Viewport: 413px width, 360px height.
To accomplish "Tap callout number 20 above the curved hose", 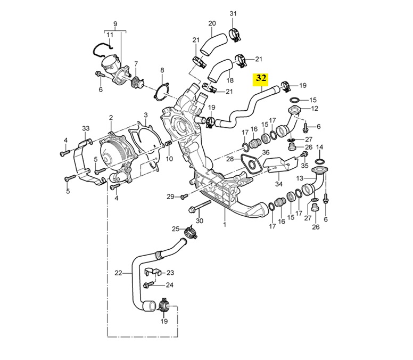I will pos(212,23).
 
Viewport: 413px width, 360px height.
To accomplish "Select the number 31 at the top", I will pos(233,13).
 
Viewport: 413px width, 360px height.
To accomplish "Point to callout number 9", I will pos(114,23).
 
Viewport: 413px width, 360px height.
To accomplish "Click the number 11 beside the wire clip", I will pos(110,35).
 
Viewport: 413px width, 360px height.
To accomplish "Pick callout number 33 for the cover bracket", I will pos(85,128).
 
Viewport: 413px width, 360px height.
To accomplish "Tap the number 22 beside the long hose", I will pos(118,273).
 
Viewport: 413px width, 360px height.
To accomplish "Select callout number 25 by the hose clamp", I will pos(175,229).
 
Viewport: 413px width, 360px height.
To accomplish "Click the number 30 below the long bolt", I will pos(200,220).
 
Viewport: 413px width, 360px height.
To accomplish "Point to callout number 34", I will pos(278,184).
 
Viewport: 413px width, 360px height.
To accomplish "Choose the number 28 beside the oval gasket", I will pos(230,159).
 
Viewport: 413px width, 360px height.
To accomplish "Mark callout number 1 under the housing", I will pos(225,225).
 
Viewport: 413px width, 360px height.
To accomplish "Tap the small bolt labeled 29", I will pos(183,197).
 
